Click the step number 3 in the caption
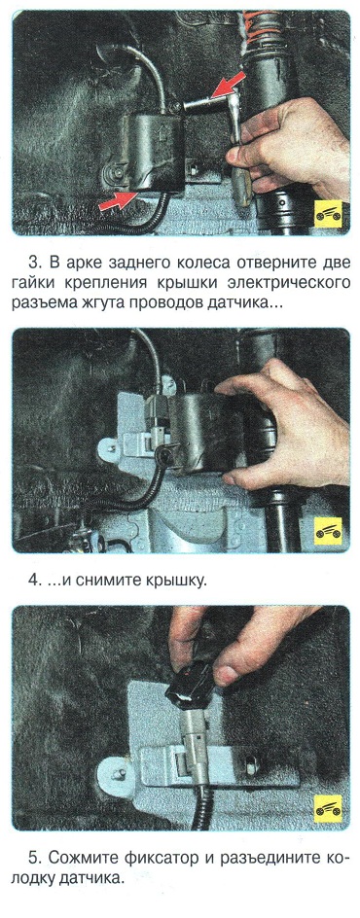(33, 261)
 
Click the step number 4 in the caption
(34, 581)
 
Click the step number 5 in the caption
(33, 859)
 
